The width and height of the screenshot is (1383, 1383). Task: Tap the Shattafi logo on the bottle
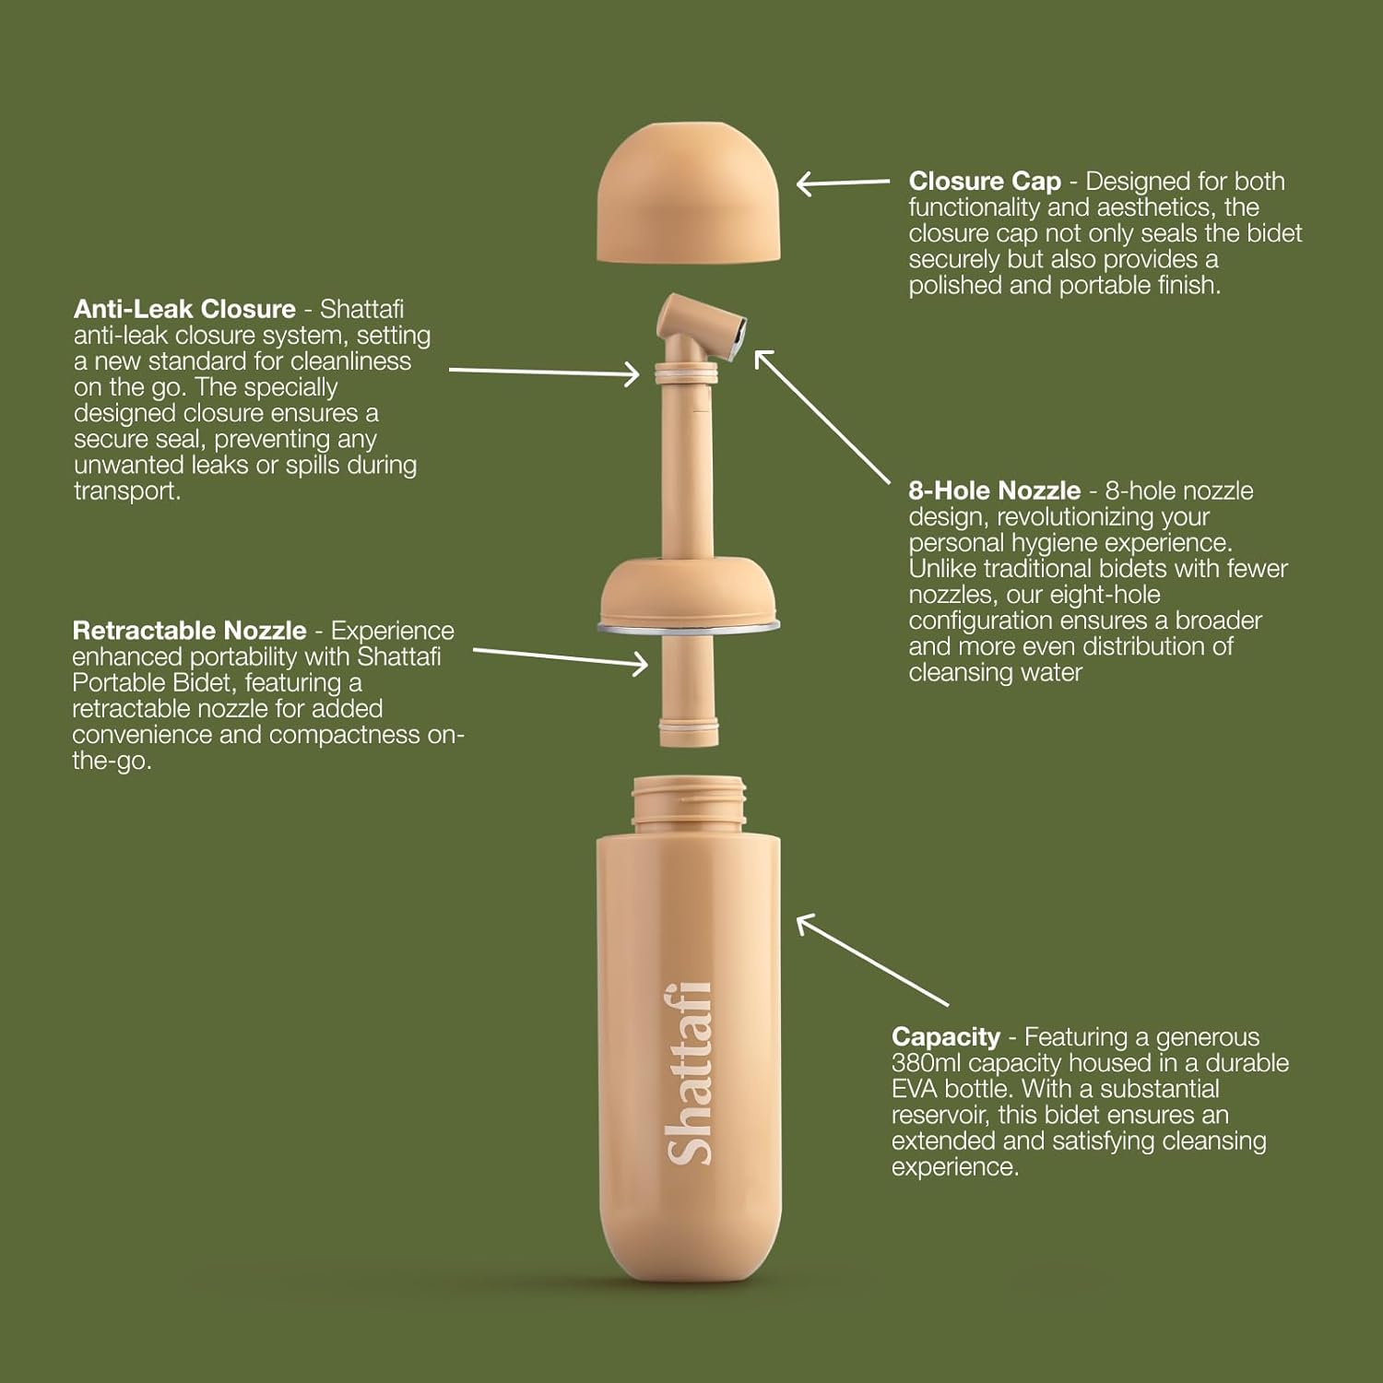(x=690, y=1073)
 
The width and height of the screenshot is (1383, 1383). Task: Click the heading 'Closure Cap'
(x=985, y=182)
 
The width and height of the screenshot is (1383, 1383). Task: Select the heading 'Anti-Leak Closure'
(x=184, y=309)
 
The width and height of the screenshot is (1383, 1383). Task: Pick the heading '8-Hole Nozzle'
(x=994, y=491)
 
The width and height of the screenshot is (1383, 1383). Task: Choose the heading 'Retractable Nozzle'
(x=189, y=631)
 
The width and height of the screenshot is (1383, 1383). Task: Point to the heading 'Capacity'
(x=946, y=1037)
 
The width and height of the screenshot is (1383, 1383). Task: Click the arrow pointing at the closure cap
(x=843, y=183)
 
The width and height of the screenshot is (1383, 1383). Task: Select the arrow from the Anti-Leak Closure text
(x=544, y=372)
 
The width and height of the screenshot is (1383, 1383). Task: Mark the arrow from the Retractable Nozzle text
(x=561, y=656)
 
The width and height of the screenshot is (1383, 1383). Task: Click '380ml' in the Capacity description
(x=927, y=1063)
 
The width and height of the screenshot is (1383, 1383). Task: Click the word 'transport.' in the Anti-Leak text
(x=127, y=491)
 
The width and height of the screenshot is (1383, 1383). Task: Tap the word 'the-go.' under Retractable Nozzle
(x=112, y=761)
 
